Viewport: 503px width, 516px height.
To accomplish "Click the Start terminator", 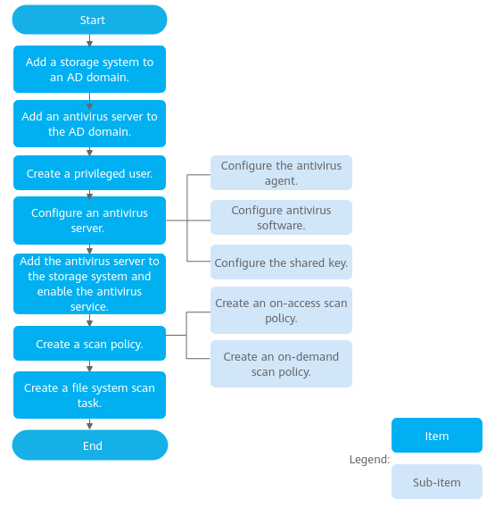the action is [89, 20].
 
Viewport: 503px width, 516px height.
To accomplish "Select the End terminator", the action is [90, 445].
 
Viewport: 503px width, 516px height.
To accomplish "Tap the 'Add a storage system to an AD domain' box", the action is [89, 69].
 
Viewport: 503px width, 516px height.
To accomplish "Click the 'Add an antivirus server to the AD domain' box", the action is [89, 124].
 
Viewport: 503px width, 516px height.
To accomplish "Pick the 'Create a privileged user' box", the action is [89, 173].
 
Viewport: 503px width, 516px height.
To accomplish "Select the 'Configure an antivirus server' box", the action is [89, 221].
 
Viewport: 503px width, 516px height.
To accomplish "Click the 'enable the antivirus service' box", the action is [89, 284].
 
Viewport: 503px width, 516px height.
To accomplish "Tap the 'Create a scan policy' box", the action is [89, 343].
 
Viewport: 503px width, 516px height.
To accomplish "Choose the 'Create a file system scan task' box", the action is [89, 395].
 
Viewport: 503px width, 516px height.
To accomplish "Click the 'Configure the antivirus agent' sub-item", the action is [281, 173].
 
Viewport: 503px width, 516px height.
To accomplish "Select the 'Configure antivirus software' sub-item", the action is [281, 217].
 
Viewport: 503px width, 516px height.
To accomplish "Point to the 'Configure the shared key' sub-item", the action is [281, 262].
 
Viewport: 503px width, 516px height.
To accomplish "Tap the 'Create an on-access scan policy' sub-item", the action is [281, 310].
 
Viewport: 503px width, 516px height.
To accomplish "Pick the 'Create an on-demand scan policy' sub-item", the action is [281, 363].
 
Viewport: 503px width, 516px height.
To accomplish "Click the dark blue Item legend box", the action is [437, 435].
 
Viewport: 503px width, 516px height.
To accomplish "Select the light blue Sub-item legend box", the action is [437, 481].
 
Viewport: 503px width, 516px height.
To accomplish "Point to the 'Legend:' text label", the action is [369, 460].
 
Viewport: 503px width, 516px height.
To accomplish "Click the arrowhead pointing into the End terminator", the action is [89, 426].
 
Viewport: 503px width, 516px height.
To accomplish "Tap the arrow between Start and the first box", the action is [89, 40].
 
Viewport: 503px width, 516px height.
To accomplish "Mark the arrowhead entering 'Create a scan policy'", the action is [89, 322].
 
